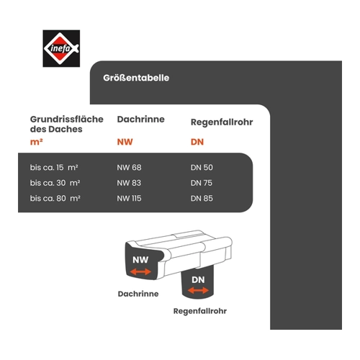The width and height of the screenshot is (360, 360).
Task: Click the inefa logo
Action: tap(61, 48)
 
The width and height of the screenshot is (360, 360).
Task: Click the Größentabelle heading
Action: tap(136, 78)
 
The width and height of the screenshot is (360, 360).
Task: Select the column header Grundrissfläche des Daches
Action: tap(67, 124)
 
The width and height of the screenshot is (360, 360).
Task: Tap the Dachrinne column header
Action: tap(140, 120)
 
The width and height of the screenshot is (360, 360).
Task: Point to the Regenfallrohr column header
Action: tap(222, 122)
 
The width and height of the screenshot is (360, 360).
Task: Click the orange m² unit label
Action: tap(36, 142)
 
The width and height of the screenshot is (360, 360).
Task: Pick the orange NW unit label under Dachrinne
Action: tap(125, 142)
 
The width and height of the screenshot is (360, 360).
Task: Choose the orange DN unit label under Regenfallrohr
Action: tap(197, 142)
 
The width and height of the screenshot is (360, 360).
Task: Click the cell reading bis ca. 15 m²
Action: tap(54, 167)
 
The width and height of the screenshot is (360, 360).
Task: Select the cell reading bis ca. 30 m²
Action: tap(55, 183)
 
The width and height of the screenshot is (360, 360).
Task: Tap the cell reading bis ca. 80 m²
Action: tap(55, 198)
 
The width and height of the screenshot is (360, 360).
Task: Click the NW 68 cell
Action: tap(129, 167)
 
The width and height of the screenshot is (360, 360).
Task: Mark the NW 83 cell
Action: tap(129, 183)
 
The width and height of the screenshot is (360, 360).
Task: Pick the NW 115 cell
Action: tap(129, 198)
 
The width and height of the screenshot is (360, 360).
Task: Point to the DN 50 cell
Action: tap(202, 167)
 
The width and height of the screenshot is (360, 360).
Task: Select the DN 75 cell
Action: tap(202, 183)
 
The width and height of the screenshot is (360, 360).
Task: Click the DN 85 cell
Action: tap(202, 198)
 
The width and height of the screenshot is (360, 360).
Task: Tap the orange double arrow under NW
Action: tap(140, 271)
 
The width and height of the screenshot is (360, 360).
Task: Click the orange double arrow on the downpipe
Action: tap(198, 290)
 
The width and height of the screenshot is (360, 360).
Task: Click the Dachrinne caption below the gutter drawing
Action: tap(138, 294)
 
